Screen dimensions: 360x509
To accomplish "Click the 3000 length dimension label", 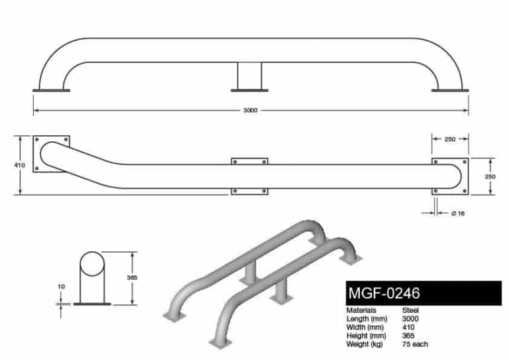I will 250,109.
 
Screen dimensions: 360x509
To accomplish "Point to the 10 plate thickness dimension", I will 61,287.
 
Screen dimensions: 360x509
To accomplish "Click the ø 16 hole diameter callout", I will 456,213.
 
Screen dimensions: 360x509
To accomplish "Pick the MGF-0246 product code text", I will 384,293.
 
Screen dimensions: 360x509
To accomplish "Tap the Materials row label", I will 361,310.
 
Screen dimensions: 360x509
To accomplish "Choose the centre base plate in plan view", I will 250,176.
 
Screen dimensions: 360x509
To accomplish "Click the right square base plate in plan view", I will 451,176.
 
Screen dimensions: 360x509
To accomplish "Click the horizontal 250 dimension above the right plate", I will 451,139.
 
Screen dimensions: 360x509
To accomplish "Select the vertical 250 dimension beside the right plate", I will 491,176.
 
